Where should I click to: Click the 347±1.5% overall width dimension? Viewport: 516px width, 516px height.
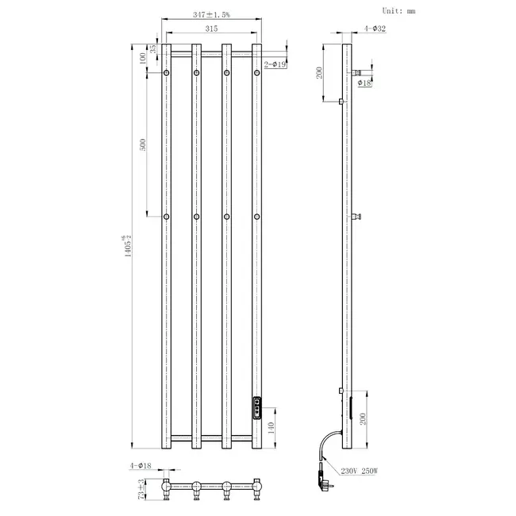click(x=210, y=14)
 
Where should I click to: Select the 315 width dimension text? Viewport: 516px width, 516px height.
click(x=210, y=29)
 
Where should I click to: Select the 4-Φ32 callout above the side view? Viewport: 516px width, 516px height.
click(x=375, y=29)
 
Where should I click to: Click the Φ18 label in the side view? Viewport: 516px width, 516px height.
click(x=365, y=82)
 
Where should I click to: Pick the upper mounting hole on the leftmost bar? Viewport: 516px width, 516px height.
click(x=167, y=73)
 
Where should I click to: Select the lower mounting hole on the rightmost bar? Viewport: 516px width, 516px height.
click(x=257, y=216)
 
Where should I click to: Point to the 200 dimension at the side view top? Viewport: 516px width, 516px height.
click(x=318, y=72)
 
